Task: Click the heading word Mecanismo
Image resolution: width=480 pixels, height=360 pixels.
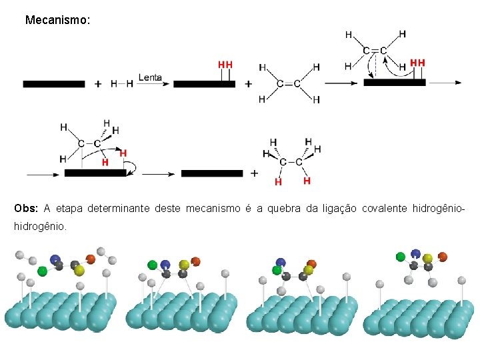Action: (57, 21)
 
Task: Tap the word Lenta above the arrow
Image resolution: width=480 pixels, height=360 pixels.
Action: (150, 77)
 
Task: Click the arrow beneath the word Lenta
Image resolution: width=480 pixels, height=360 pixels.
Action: (151, 84)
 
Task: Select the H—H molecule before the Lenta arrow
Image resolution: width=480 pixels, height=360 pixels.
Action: (122, 84)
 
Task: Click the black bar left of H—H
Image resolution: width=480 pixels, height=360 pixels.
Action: (54, 84)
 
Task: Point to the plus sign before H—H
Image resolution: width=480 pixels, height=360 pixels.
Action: (98, 84)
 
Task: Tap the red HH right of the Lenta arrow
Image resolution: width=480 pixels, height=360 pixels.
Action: (225, 65)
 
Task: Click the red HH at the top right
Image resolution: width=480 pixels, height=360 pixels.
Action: (417, 63)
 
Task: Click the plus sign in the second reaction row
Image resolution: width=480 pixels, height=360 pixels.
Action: (254, 173)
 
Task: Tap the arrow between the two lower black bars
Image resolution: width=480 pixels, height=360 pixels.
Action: (159, 173)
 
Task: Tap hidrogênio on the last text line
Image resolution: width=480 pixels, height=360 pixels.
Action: (39, 227)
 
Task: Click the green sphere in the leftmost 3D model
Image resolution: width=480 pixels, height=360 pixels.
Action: (43, 271)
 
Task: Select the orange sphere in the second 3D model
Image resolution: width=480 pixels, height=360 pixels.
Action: (195, 261)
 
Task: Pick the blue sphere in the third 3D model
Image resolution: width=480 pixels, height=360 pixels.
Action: (281, 263)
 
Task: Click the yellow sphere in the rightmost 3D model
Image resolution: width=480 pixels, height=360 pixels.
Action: (427, 258)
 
